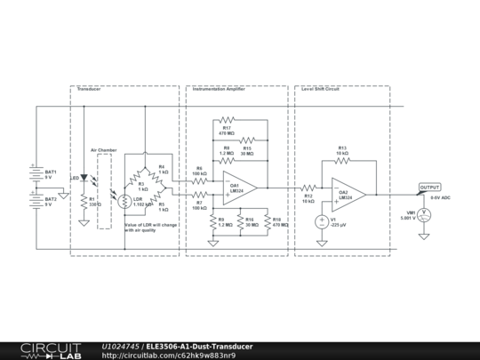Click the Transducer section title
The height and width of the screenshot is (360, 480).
pyautogui.click(x=88, y=90)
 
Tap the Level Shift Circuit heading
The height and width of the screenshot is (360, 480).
pyautogui.click(x=321, y=90)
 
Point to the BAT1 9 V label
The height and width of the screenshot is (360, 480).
pyautogui.click(x=51, y=174)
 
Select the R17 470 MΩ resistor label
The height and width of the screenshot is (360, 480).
pyautogui.click(x=227, y=130)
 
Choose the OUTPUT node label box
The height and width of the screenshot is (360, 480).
pyautogui.click(x=429, y=188)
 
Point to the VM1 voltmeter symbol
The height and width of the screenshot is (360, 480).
pyautogui.click(x=425, y=214)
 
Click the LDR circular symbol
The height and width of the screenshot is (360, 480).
pyautogui.click(x=125, y=202)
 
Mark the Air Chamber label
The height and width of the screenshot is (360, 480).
pyautogui.click(x=104, y=150)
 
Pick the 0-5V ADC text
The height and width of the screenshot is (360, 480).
pyautogui.click(x=442, y=197)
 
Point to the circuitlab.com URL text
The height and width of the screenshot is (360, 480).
pyautogui.click(x=169, y=356)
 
